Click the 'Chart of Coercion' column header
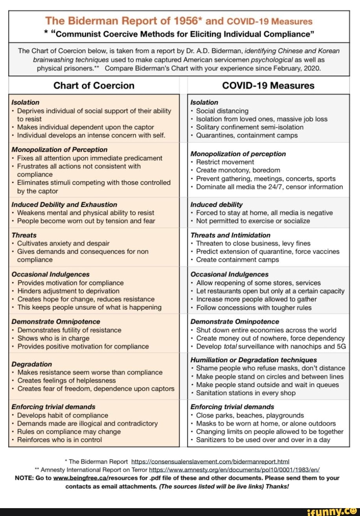94,85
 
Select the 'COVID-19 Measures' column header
268,85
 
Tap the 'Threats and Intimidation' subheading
230,235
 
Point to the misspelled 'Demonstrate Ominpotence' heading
235,322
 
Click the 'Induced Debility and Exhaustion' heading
64,205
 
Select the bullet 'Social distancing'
222,111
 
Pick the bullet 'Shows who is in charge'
53,338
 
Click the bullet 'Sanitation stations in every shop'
246,393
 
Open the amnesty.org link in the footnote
234,470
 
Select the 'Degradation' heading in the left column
31,364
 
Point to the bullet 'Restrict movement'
225,162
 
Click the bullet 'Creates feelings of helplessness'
66,380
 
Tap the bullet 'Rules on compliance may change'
69,431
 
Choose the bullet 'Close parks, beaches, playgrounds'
250,415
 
